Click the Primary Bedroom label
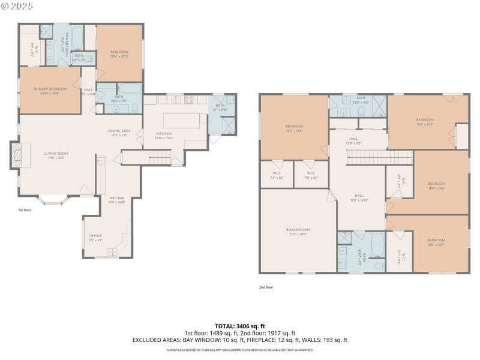click(50, 91)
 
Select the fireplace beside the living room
click(17, 155)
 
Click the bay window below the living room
click(53, 200)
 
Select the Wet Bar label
click(116, 199)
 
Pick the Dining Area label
click(119, 132)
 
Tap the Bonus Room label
click(298, 232)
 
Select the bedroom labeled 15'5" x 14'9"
click(294, 128)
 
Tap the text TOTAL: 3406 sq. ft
click(239, 326)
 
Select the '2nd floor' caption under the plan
click(266, 287)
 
